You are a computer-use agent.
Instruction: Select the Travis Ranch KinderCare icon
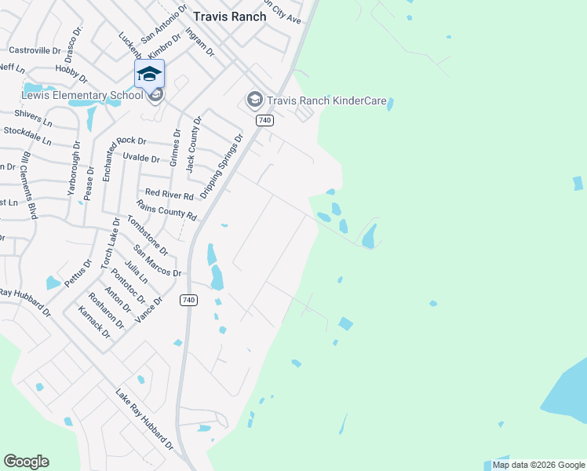254,100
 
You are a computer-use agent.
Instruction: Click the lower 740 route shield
188,300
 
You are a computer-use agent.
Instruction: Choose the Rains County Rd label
166,210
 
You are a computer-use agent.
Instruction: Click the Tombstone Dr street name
148,236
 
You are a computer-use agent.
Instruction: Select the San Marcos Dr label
158,261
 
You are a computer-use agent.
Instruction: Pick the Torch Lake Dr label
110,244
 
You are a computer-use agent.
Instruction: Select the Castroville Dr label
35,50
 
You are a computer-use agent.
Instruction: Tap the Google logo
26,462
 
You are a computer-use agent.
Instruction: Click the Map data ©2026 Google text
538,465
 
